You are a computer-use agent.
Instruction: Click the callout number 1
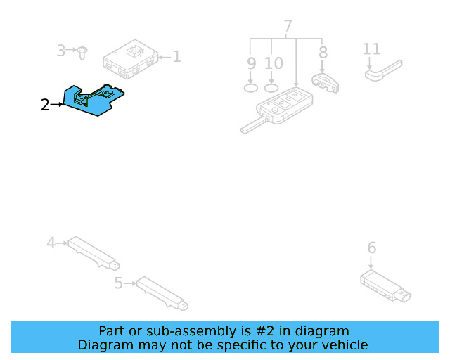pos(177,56)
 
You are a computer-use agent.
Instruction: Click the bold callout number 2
pos(45,105)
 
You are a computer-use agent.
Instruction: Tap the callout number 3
pos(61,51)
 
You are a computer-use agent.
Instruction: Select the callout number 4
pos(51,243)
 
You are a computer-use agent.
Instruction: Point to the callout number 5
pos(118,283)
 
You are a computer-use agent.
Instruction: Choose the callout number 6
pos(372,247)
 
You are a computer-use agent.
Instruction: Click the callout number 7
pos(288,27)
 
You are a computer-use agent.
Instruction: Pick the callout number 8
pos(323,52)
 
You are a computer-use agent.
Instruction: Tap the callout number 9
pos(251,63)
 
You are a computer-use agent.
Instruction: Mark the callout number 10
pos(274,63)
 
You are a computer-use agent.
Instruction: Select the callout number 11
pos(371,49)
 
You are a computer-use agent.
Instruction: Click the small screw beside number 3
pos(84,51)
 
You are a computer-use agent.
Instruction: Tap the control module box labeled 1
pos(131,59)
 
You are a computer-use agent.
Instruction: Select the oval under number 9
pos(251,88)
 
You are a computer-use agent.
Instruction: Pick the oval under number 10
pos(272,88)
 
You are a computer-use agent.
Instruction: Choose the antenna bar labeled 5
pos(162,292)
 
